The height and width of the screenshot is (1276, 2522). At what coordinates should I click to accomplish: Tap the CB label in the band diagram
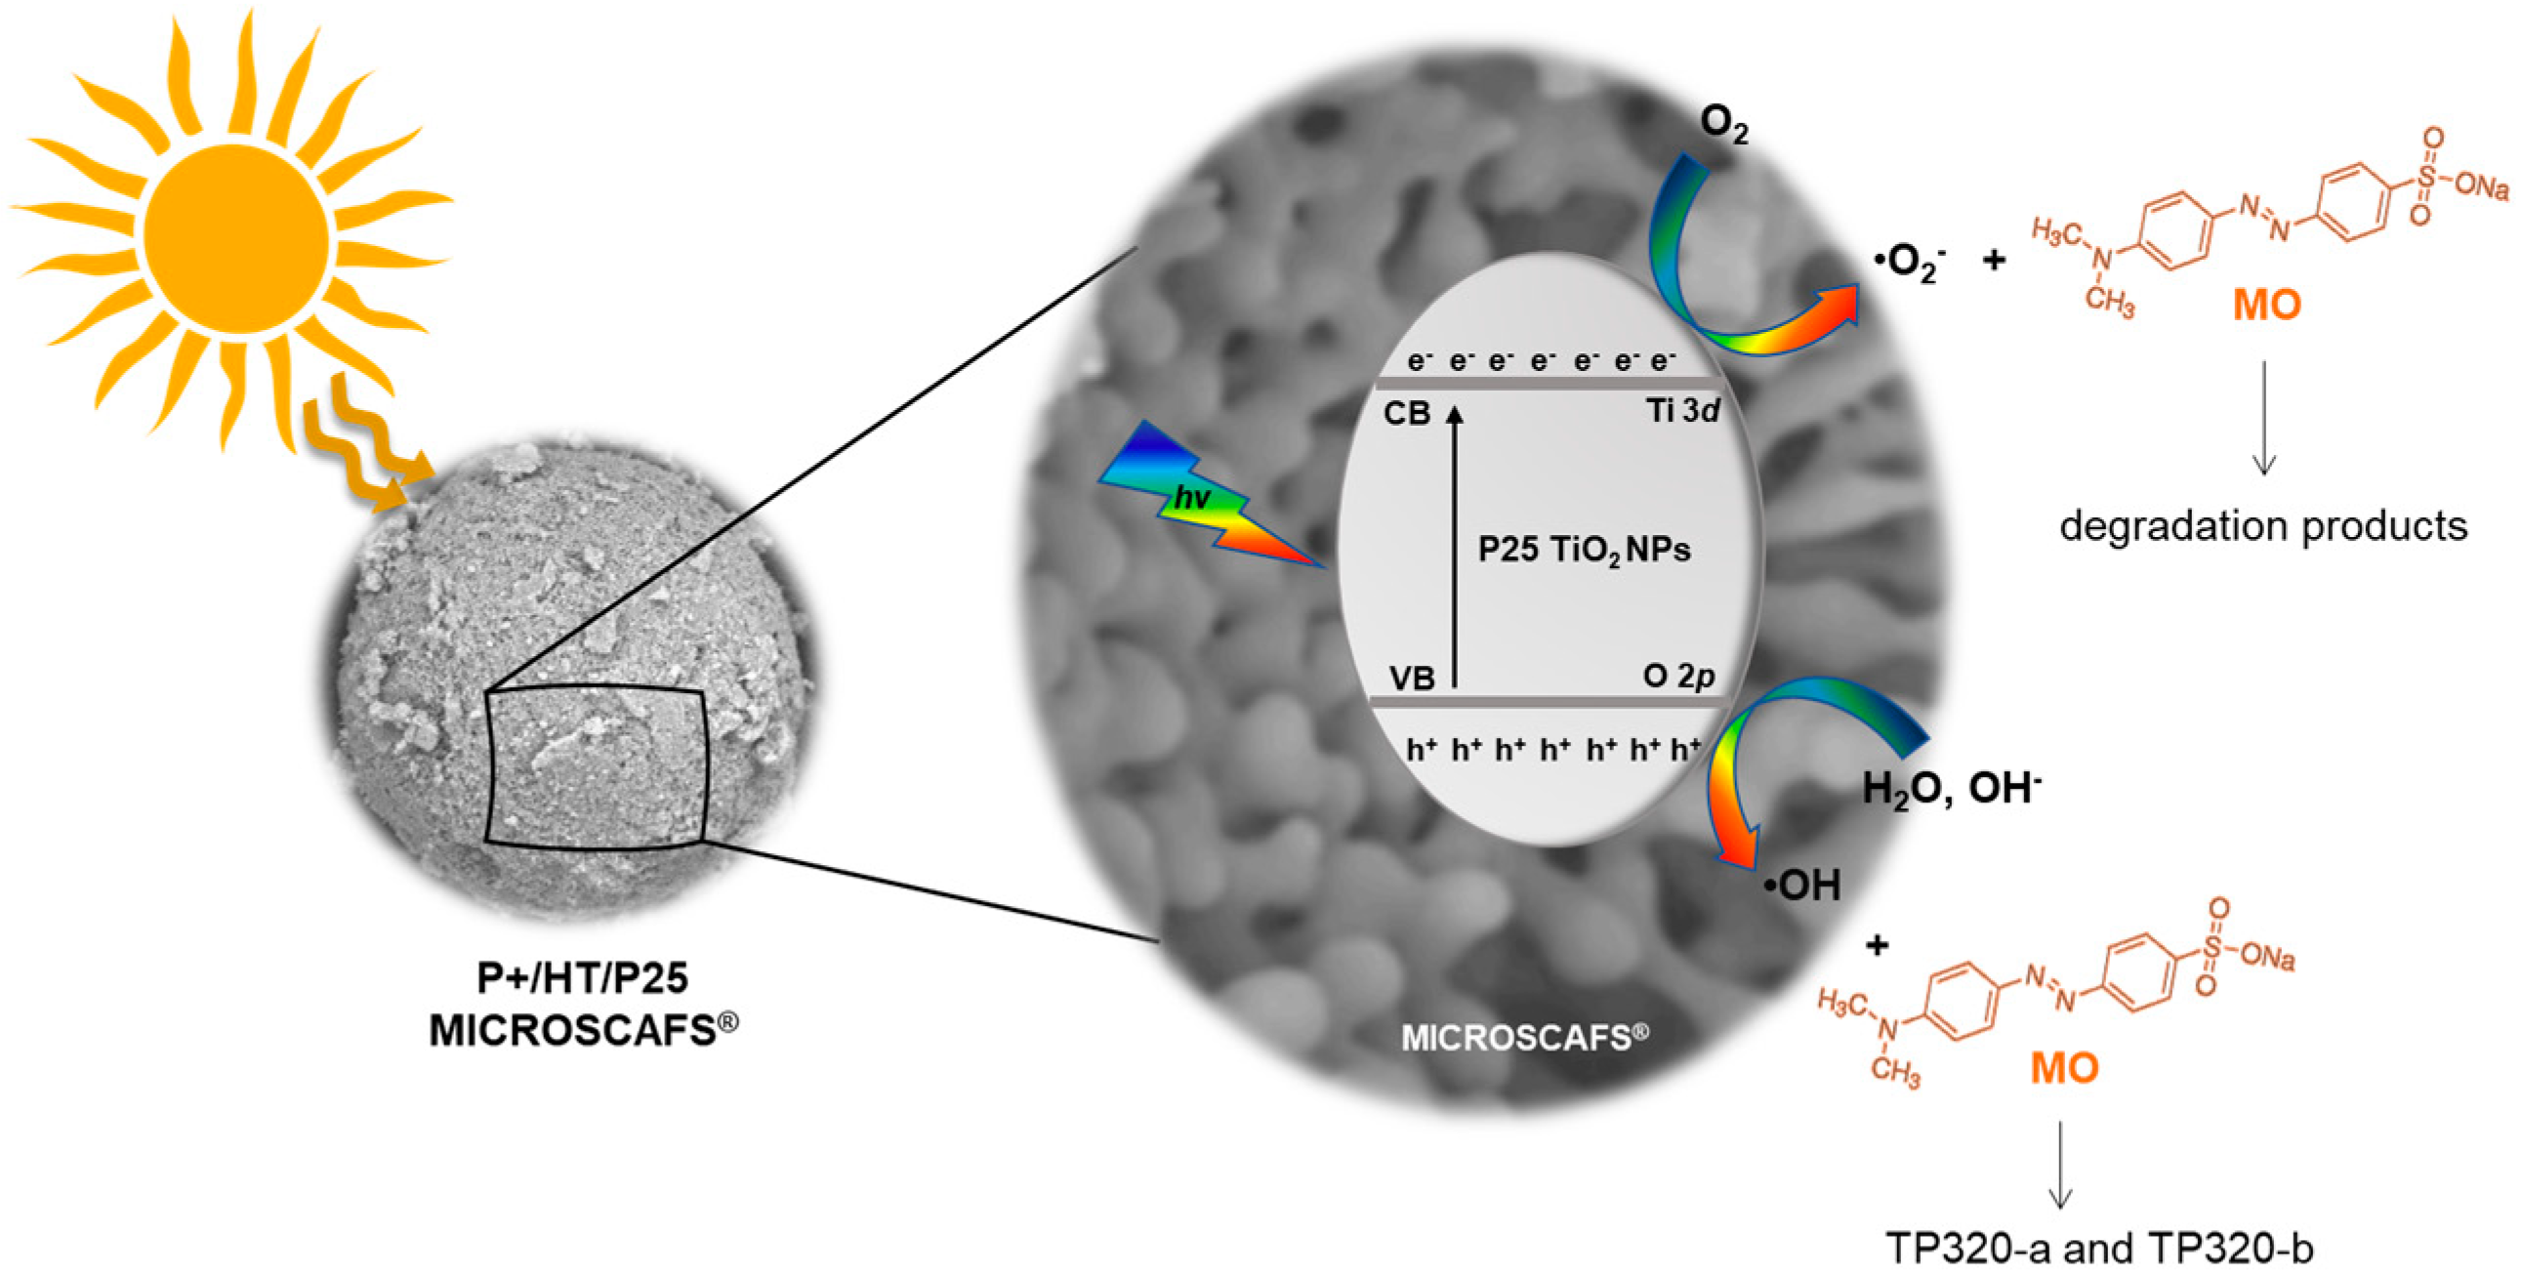click(1407, 414)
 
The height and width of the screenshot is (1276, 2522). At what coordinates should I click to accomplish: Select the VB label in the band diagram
click(1411, 678)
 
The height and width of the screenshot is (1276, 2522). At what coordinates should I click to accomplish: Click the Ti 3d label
click(1682, 411)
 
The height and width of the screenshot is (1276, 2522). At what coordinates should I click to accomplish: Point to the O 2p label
click(1678, 676)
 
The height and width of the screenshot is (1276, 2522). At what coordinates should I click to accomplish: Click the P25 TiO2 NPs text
click(1584, 551)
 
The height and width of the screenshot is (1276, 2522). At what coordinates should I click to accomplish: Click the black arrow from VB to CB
click(1455, 549)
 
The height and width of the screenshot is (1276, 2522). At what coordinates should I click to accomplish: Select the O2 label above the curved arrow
click(1723, 125)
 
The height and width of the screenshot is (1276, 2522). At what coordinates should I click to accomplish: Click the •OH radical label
click(1802, 885)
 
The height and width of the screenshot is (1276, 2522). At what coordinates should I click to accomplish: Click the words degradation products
click(2262, 527)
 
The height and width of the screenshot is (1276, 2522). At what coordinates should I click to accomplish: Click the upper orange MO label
click(2266, 306)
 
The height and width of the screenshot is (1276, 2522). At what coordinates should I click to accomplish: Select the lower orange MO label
click(2064, 1067)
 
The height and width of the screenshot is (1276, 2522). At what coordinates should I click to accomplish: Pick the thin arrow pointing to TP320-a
click(2060, 1166)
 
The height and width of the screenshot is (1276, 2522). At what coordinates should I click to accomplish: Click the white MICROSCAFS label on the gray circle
click(1524, 1037)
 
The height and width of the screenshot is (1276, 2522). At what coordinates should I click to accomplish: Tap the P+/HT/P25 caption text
click(583, 978)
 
